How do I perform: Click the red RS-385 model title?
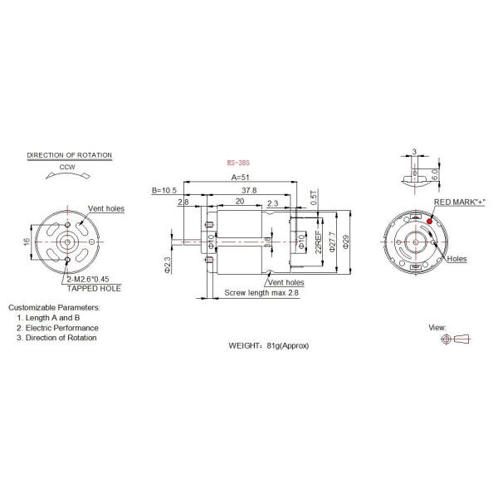point(237,164)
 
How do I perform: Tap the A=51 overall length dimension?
point(240,178)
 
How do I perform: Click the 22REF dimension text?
point(318,242)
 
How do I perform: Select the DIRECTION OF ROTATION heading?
point(70,155)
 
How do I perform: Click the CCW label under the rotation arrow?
point(68,167)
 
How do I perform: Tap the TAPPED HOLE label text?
point(94,288)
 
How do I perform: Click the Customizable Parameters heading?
point(54,307)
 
